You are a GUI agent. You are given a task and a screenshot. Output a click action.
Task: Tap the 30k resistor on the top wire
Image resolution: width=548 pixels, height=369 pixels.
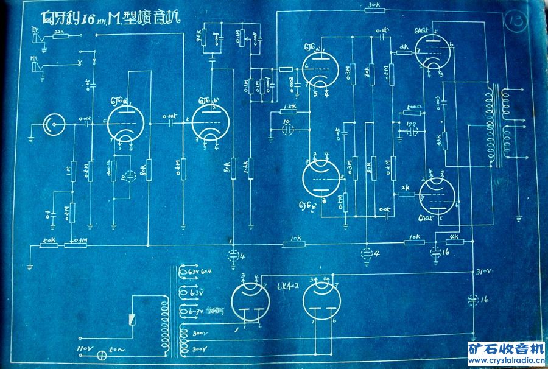pyautogui.click(x=374, y=12)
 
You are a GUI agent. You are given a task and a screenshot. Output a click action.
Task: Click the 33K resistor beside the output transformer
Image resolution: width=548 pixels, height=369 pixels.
pyautogui.click(x=444, y=141)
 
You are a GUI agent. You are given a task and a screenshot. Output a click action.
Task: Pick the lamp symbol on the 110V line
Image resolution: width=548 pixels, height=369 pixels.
pyautogui.click(x=93, y=352)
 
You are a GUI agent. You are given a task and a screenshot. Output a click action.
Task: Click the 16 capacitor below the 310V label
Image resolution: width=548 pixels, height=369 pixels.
pyautogui.click(x=474, y=299)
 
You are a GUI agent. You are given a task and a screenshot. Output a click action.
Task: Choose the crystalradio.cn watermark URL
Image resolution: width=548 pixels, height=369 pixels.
pyautogui.click(x=506, y=360)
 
